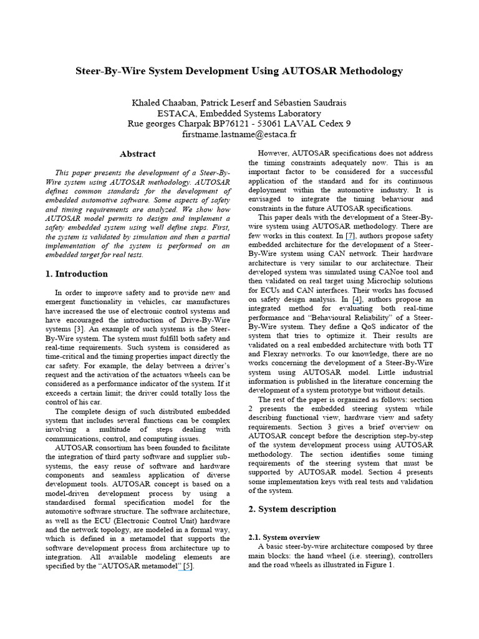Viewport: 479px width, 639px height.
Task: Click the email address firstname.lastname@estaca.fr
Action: point(239,134)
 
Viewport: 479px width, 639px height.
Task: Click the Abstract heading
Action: point(138,154)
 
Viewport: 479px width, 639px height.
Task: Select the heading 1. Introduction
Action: point(77,273)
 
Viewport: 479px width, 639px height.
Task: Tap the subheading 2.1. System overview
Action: point(284,537)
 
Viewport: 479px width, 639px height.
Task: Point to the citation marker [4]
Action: point(356,300)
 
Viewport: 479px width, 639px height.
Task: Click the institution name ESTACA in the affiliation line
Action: point(177,113)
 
